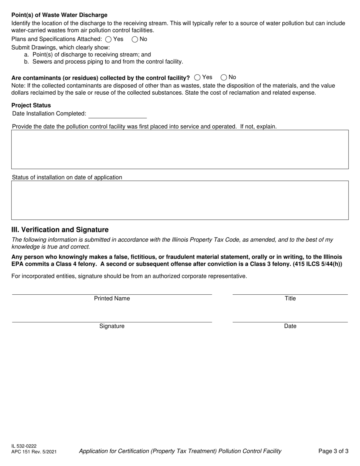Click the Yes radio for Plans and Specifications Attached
point(108,39)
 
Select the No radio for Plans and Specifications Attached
point(135,39)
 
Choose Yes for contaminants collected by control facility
point(197,77)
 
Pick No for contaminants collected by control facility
point(224,77)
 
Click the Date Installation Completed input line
point(117,114)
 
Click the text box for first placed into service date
point(180,149)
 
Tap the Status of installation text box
point(180,200)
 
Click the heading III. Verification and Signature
point(60,230)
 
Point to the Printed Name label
point(112,299)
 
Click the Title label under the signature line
point(290,299)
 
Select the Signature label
point(112,326)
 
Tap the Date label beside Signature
point(290,326)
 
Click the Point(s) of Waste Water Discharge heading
point(59,15)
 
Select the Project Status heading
point(31,105)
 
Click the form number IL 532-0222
point(24,446)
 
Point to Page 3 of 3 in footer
point(333,451)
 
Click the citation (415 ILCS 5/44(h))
point(317,264)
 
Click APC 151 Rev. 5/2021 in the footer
point(34,452)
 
